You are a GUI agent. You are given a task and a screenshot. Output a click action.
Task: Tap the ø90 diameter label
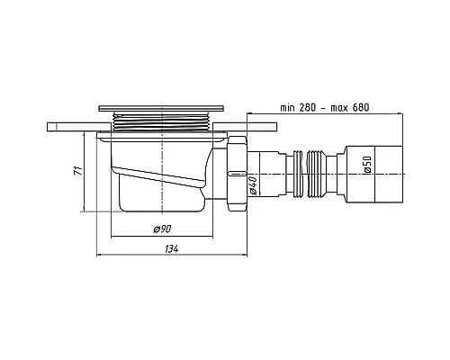[162, 229]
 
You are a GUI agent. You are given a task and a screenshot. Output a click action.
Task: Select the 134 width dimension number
[171, 249]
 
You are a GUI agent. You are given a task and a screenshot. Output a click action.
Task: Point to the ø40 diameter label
[253, 185]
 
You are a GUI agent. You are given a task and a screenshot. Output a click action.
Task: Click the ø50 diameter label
[367, 165]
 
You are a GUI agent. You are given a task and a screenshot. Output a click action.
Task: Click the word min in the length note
[287, 107]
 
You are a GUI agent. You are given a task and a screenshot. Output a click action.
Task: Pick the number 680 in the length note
[361, 107]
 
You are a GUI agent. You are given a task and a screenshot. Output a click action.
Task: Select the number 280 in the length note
[307, 107]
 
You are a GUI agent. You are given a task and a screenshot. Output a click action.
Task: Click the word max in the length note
[339, 108]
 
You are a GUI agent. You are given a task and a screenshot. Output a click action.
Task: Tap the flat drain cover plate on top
[161, 108]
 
